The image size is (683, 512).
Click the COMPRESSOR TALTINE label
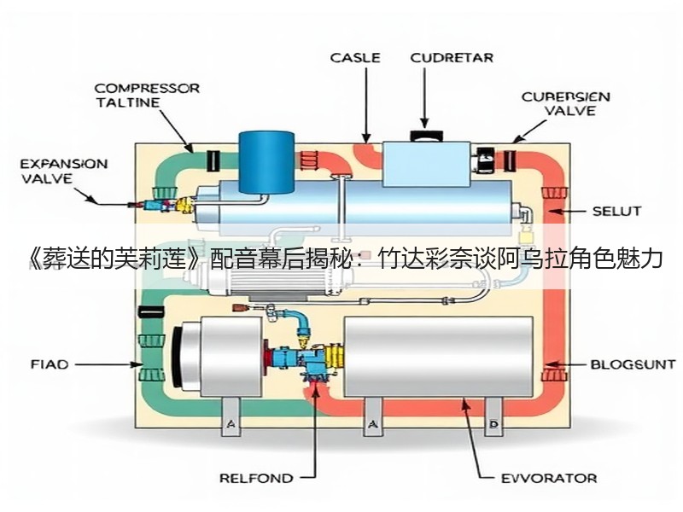tap(147, 96)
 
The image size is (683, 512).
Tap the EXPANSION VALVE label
tap(64, 172)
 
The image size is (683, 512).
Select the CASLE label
tap(355, 58)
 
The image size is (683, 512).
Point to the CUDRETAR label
tap(452, 58)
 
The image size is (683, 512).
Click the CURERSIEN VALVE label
tap(566, 103)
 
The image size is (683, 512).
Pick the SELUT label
tap(616, 212)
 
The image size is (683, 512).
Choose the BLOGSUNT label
tap(633, 364)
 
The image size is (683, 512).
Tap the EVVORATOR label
tap(549, 479)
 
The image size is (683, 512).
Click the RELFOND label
tap(256, 479)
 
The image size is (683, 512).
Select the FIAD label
tap(50, 364)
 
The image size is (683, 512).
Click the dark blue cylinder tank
tap(266, 162)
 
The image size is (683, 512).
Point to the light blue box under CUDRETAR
tap(426, 164)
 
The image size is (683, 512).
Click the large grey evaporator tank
tap(438, 357)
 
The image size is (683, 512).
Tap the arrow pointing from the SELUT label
tap(566, 212)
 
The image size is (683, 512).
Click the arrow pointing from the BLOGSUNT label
tap(564, 364)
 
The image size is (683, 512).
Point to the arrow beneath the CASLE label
tap(366, 105)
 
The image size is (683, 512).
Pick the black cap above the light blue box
tap(426, 136)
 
